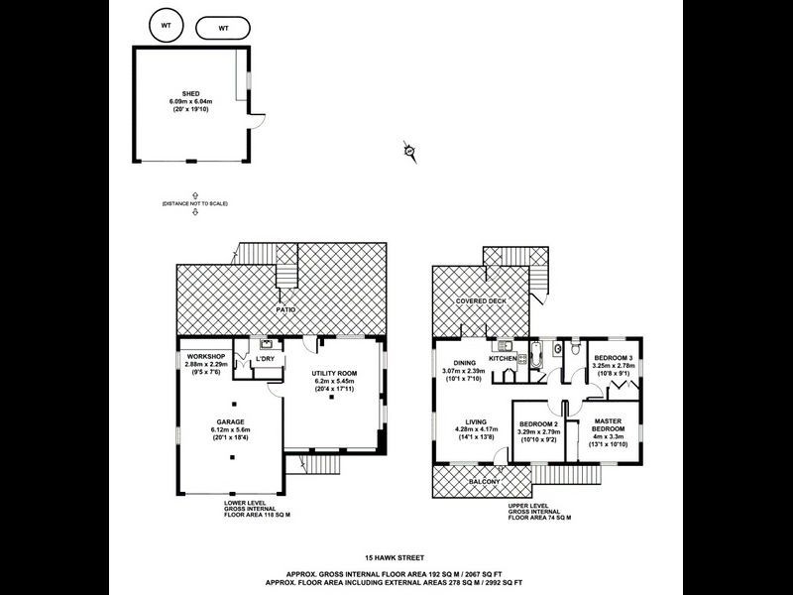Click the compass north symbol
point(408,150)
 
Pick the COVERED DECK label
point(482,299)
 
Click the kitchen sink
point(504,346)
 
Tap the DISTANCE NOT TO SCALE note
point(195,203)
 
